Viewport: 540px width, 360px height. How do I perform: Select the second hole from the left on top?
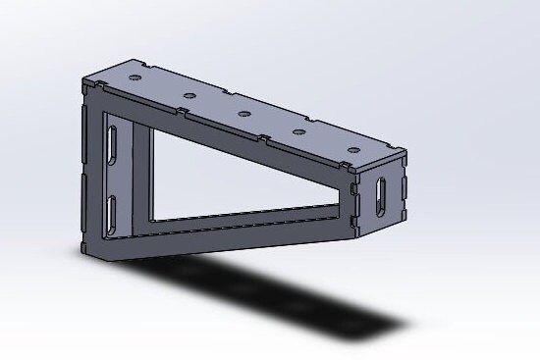[188, 95]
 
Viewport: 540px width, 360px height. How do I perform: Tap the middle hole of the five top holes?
[243, 114]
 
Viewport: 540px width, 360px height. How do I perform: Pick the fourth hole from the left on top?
[299, 129]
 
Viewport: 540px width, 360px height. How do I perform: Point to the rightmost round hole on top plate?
[351, 149]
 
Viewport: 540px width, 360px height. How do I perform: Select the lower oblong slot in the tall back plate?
[113, 208]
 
